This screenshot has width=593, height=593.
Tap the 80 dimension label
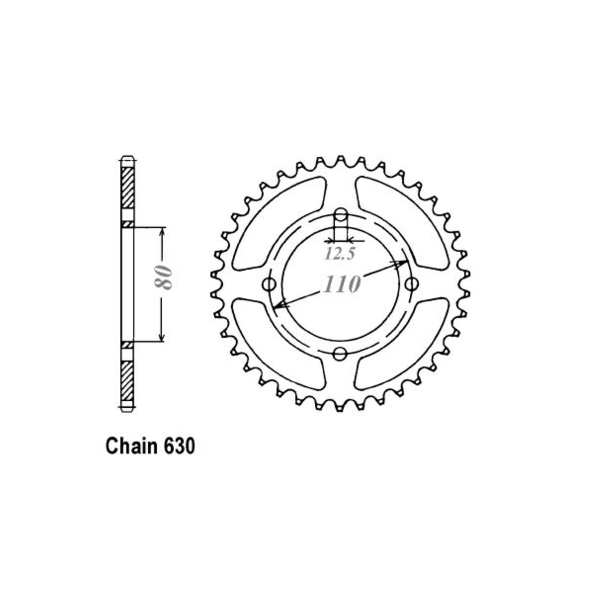coord(163,282)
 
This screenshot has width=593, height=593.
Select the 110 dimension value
coord(341,285)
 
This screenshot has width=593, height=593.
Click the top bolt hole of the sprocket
coord(340,215)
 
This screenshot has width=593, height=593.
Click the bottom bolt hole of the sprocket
coord(339,354)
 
